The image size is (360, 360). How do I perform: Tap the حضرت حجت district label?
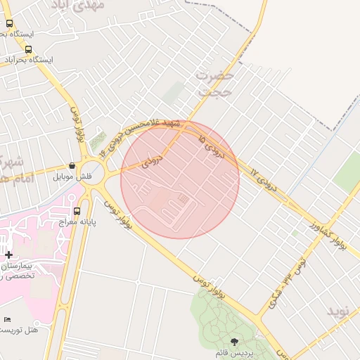(214, 83)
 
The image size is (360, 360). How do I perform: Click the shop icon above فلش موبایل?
(72, 163)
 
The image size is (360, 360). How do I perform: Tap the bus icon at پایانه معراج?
(77, 210)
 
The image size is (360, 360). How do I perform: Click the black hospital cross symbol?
(8, 255)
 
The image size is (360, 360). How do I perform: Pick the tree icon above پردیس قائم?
(234, 341)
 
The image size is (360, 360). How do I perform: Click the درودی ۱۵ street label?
(210, 145)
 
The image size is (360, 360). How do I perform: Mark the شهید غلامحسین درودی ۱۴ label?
(141, 134)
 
